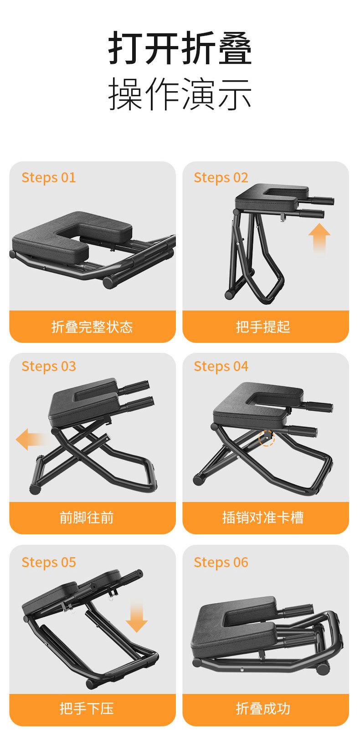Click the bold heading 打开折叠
tap(180, 48)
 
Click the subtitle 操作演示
tap(180, 94)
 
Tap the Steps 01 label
tap(49, 177)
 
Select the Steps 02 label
tap(221, 177)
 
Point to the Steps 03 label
tap(49, 366)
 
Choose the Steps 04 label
tap(221, 366)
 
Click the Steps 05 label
tap(49, 562)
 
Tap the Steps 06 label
tap(221, 562)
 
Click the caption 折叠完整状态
tap(92, 326)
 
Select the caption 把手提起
tap(263, 326)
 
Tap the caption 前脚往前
tap(87, 517)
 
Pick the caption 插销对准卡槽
tap(263, 517)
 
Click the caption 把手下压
tap(87, 708)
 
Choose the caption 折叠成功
tap(263, 708)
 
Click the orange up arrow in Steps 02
tap(319, 237)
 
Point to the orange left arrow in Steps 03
tap(31, 440)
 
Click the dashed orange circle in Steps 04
tap(267, 438)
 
